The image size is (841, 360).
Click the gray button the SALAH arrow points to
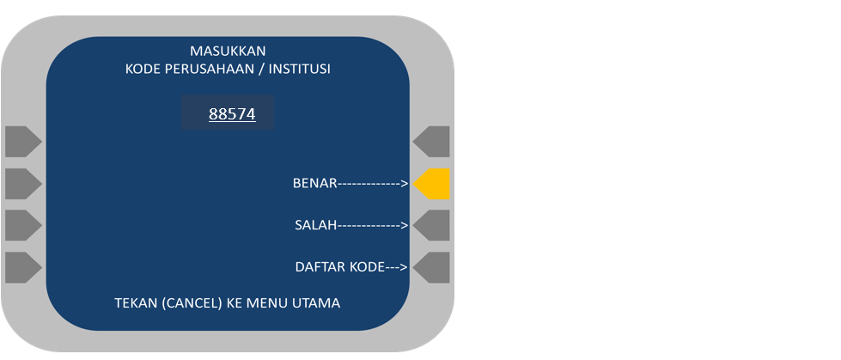click(x=432, y=226)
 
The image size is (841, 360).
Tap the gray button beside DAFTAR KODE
click(x=432, y=267)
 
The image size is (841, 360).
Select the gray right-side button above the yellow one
click(x=432, y=142)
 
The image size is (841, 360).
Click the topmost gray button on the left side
click(x=22, y=142)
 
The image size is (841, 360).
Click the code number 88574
click(x=232, y=114)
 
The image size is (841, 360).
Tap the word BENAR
click(x=314, y=183)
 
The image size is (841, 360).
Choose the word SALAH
click(x=315, y=225)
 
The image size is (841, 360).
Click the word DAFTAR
click(x=320, y=267)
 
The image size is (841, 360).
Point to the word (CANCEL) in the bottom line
click(x=191, y=303)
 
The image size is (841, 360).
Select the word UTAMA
click(x=317, y=303)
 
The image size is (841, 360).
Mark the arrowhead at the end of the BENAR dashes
click(x=404, y=183)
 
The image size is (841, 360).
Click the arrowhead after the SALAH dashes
click(x=404, y=225)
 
